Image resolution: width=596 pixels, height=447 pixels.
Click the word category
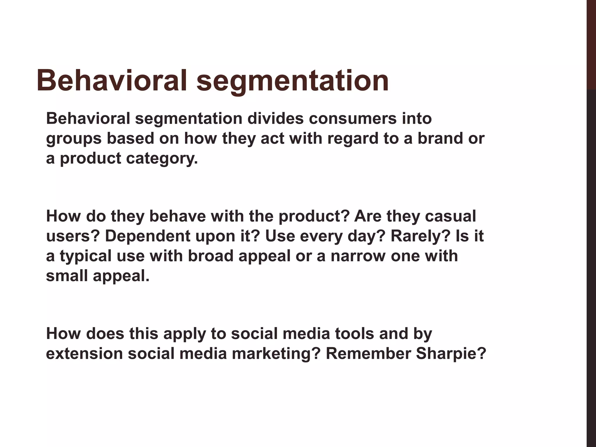(x=162, y=159)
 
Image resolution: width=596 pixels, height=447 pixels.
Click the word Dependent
(x=147, y=236)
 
